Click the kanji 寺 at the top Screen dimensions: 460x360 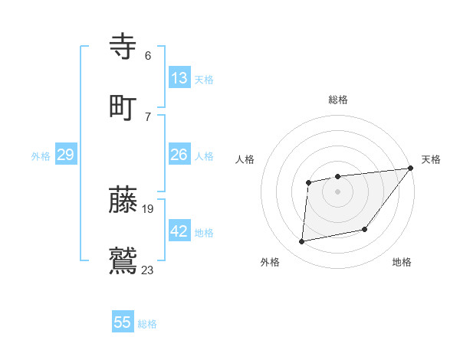(x=123, y=47)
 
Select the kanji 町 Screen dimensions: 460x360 (x=123, y=106)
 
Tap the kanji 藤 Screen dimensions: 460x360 (x=123, y=199)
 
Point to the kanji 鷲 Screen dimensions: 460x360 (x=123, y=259)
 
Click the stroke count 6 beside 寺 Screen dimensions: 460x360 (x=148, y=56)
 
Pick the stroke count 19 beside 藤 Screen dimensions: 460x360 (x=148, y=208)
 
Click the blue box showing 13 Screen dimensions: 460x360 (x=179, y=78)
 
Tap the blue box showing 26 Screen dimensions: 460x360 (x=179, y=155)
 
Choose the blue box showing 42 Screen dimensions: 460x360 (x=179, y=231)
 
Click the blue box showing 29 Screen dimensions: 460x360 (x=65, y=155)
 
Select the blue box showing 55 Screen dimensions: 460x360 (x=123, y=322)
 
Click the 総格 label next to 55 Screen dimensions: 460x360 (x=147, y=324)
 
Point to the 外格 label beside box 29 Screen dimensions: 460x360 (x=41, y=156)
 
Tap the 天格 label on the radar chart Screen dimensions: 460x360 (x=431, y=159)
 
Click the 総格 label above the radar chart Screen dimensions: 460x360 (x=337, y=100)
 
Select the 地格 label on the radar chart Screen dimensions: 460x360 (x=402, y=262)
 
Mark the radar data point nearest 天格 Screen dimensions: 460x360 (x=410, y=169)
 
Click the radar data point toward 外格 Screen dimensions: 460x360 (x=302, y=242)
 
